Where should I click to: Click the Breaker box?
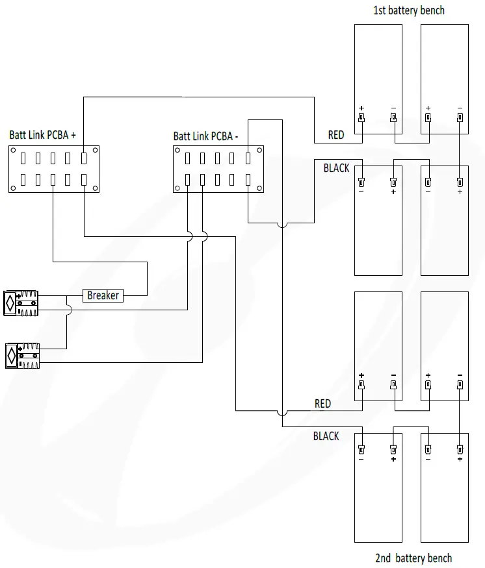(x=103, y=295)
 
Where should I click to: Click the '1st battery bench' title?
(x=409, y=10)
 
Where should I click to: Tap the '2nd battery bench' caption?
(x=413, y=558)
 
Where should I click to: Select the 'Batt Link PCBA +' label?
(x=42, y=135)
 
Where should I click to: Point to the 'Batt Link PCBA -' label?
(x=205, y=136)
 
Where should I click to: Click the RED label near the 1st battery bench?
(x=336, y=135)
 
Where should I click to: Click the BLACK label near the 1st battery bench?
(x=336, y=168)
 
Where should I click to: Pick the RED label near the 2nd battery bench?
(x=322, y=404)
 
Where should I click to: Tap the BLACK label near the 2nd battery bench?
(x=326, y=436)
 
